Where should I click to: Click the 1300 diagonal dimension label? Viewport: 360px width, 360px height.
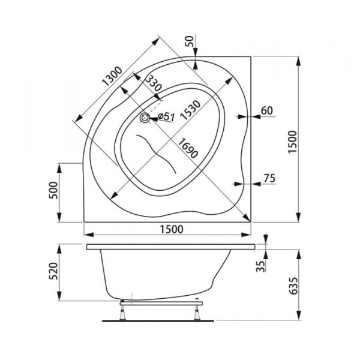112,76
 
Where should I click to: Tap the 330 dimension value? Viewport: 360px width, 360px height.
154,83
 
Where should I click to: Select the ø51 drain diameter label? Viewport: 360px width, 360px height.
166,116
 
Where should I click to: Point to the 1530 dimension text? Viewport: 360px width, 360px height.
190,110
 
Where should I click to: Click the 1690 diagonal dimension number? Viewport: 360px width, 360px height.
188,148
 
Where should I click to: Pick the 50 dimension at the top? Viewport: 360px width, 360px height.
190,41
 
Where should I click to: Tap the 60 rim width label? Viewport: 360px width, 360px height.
267,110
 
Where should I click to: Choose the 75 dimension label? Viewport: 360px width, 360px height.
269,178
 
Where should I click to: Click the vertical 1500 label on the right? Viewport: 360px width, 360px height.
293,142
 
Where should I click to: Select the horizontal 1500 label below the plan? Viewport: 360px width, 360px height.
172,229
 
